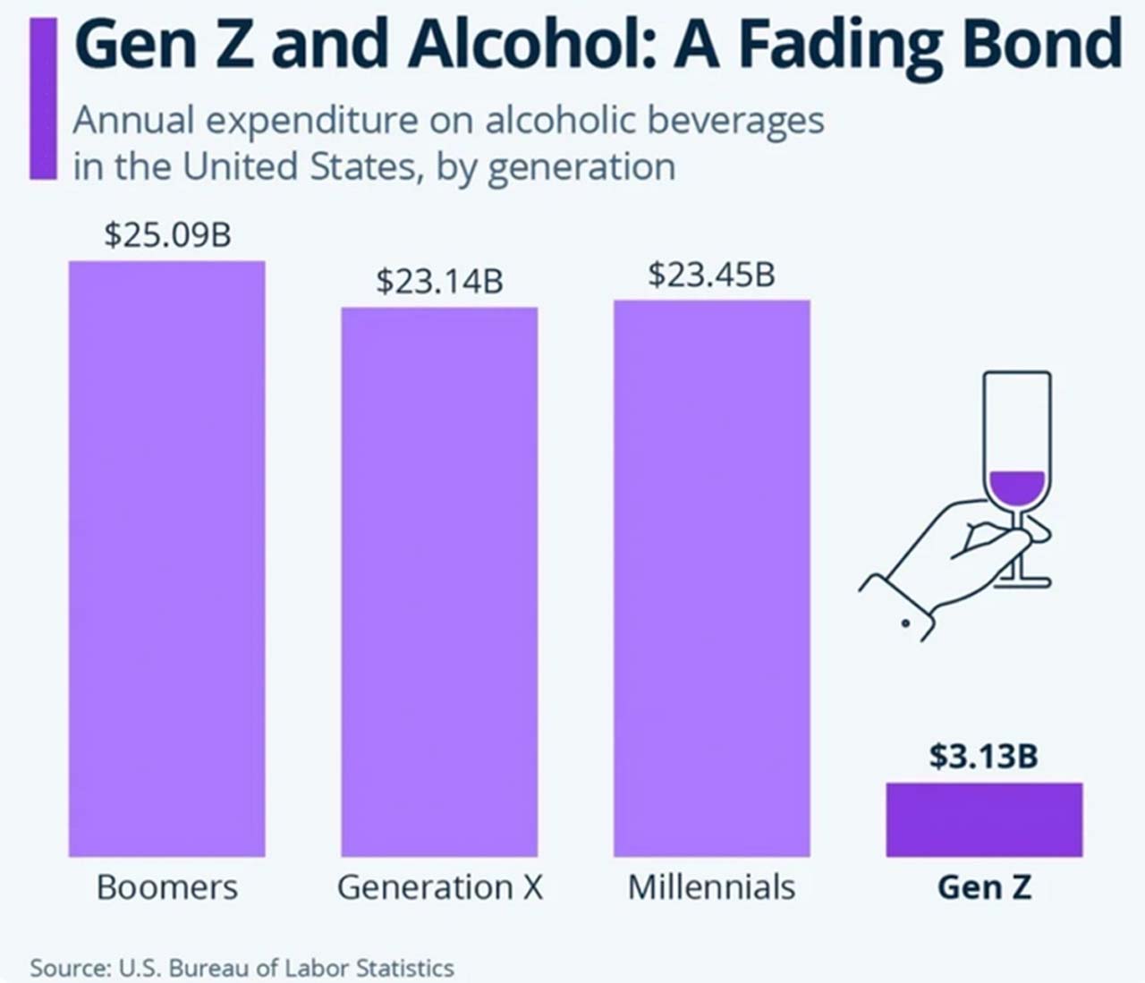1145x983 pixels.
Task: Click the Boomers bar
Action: (x=167, y=559)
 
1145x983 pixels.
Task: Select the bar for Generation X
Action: (x=439, y=581)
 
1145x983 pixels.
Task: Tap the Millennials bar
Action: (x=711, y=578)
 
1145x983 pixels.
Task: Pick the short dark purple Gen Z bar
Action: (x=984, y=819)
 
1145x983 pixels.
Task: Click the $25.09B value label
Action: (x=167, y=235)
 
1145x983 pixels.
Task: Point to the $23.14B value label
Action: (x=439, y=282)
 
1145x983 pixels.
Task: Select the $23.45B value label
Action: (x=711, y=275)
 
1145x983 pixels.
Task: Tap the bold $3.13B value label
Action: (x=983, y=756)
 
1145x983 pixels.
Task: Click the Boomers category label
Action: (x=167, y=887)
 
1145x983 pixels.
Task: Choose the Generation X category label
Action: (x=439, y=887)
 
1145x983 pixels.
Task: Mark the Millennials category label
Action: (x=711, y=887)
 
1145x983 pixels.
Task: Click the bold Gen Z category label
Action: (x=984, y=887)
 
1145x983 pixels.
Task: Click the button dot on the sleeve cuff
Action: (x=906, y=623)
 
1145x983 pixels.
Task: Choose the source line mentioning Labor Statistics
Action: (x=242, y=968)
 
